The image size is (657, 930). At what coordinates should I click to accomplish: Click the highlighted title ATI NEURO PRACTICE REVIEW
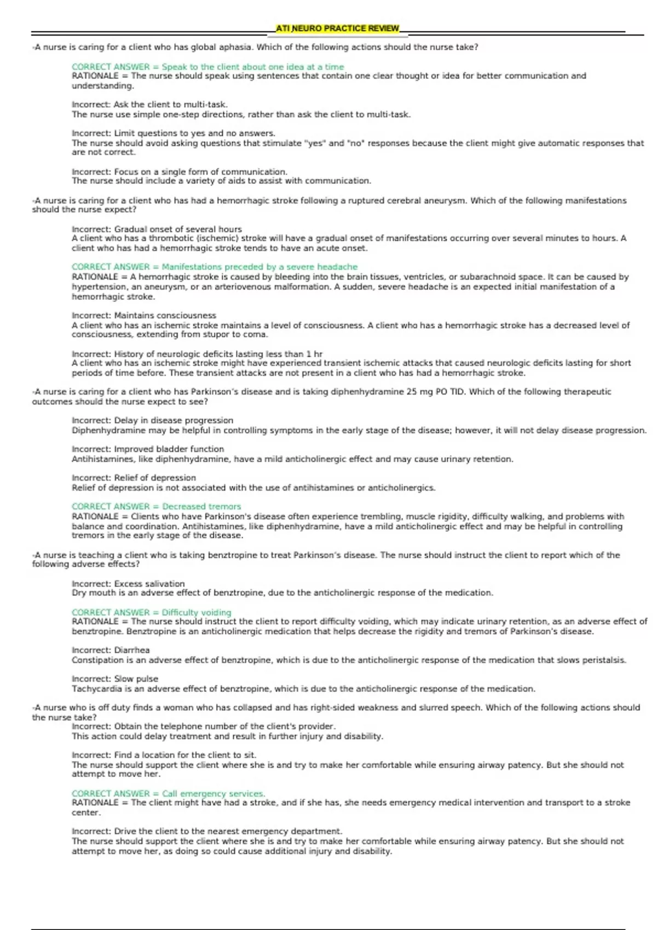point(337,28)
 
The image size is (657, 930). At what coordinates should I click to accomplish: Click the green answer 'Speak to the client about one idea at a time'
point(208,67)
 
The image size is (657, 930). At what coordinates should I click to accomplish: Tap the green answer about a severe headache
point(215,267)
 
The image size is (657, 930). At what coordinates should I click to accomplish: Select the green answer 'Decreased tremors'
point(157,507)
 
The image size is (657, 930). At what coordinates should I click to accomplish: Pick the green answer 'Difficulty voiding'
point(152,613)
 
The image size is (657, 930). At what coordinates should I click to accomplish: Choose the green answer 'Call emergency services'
point(169,794)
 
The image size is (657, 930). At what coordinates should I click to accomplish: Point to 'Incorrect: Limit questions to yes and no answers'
point(173,133)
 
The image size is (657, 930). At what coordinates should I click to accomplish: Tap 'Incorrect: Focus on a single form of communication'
point(179,172)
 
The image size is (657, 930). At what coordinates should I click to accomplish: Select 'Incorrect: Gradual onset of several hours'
point(157,229)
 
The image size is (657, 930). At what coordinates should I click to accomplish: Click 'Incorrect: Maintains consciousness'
point(144,316)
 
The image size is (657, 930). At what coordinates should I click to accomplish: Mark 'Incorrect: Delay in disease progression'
point(152,421)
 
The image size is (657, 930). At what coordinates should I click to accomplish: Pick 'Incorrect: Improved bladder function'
point(148,449)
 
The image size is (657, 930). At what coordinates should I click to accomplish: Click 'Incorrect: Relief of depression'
point(134,478)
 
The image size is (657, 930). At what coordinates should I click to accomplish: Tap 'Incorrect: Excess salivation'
point(128,584)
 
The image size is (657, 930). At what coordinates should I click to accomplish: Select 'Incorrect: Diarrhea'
point(111,650)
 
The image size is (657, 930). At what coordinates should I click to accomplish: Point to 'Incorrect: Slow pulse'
point(115,679)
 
